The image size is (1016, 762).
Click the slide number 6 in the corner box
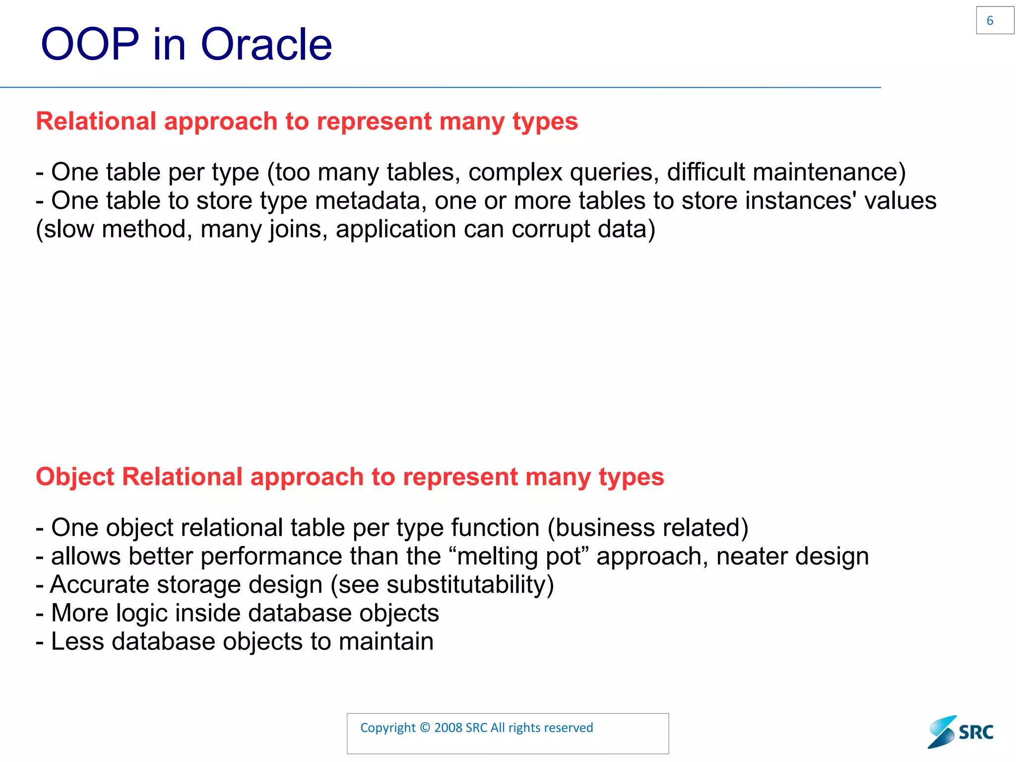(x=990, y=21)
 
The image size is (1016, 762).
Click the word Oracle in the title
(x=266, y=45)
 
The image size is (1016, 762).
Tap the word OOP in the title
(x=90, y=45)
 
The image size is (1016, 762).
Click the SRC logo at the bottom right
(x=961, y=732)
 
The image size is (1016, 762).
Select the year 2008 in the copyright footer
(x=448, y=728)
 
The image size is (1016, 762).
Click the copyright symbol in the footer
(x=425, y=728)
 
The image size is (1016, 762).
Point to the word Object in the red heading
(x=75, y=477)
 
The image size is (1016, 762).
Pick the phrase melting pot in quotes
(x=519, y=556)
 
